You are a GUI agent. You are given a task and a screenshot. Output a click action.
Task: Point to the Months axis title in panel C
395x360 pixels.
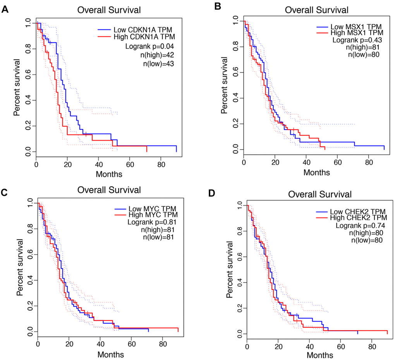pos(111,354)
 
